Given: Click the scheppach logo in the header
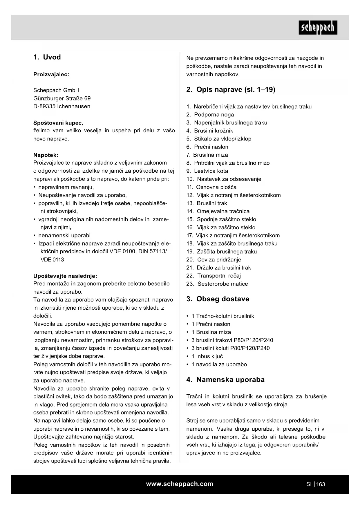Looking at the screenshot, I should point(318,28).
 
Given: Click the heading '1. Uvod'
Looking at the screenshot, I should point(47,57).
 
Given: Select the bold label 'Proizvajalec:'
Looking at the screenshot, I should point(51,74).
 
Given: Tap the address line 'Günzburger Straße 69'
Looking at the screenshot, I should point(62,98).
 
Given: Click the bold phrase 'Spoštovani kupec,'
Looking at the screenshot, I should point(58,123).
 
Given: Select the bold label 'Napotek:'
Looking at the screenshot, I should point(46,155).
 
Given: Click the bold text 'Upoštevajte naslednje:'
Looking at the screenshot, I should point(65,276).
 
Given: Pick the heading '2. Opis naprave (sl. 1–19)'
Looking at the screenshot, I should point(231,89).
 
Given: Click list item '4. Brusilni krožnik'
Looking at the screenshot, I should point(210,131).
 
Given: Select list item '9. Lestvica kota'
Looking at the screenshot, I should point(207,171).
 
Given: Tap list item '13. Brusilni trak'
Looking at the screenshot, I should point(207,203).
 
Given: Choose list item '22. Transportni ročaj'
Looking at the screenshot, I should point(214,276).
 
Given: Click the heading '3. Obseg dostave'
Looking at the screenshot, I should point(218,299).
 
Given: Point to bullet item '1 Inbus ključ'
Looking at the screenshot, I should point(207,356).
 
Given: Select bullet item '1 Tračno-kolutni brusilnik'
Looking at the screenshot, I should point(222,316).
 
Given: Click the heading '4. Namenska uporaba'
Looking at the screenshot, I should point(225,380).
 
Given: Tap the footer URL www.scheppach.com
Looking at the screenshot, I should point(180,484).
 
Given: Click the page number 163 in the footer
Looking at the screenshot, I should point(321,484).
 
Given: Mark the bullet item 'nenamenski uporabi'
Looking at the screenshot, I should point(64,235).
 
